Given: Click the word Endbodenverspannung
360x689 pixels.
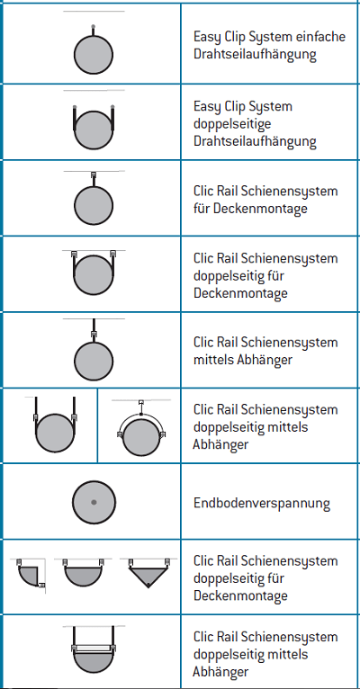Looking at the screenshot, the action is tap(262, 503).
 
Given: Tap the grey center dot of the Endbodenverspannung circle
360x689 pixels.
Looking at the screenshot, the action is tap(94, 502).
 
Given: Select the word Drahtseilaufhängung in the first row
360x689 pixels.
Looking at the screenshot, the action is tap(255, 54).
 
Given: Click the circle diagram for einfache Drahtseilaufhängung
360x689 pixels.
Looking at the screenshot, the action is tap(94, 55).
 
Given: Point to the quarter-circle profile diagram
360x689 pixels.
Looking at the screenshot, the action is tap(28, 575).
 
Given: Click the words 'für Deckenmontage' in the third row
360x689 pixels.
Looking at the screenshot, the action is tap(250, 209).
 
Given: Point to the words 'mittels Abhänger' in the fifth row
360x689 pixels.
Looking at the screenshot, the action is tap(243, 360).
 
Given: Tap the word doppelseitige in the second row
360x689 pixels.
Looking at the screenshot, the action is tap(232, 124).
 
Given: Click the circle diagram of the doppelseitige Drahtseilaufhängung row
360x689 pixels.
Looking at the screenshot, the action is tap(94, 130).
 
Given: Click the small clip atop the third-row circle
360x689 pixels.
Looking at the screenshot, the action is tap(94, 174).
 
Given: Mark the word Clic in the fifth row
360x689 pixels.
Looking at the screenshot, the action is tap(203, 343).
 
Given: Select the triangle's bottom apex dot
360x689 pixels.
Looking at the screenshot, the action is tap(148, 585).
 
